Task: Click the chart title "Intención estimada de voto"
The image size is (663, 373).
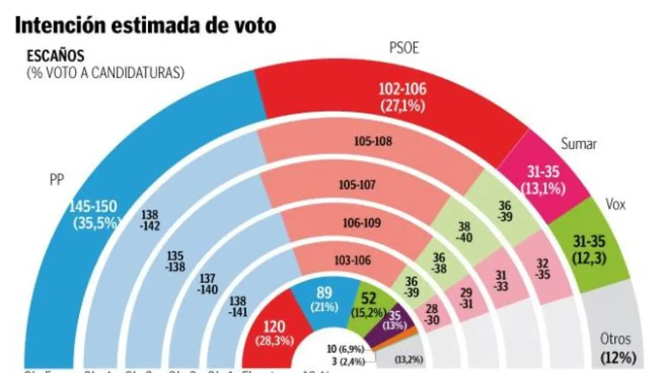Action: click(145, 26)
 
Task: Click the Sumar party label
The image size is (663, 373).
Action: click(578, 144)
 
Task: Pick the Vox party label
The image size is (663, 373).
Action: click(615, 204)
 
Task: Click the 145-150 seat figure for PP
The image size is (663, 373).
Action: click(93, 207)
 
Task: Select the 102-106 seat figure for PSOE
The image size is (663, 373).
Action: click(402, 89)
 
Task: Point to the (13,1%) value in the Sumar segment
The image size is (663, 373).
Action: click(543, 188)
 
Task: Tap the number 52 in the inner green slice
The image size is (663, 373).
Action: click(369, 299)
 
